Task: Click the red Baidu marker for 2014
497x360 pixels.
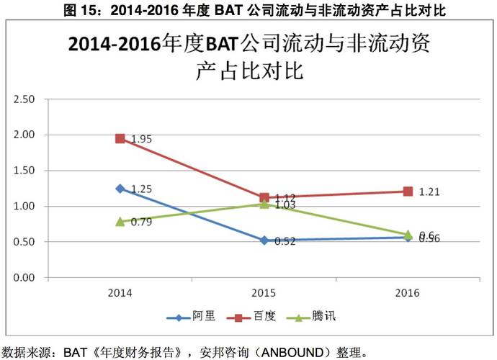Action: pyautogui.click(x=120, y=138)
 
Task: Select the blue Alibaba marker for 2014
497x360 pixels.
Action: pyautogui.click(x=120, y=189)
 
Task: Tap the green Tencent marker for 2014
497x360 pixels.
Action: pyautogui.click(x=120, y=222)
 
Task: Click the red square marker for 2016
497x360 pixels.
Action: pyautogui.click(x=408, y=192)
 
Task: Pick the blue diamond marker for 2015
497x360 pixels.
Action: pyautogui.click(x=264, y=240)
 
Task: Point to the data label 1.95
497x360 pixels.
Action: pyautogui.click(x=142, y=139)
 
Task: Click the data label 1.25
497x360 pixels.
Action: pyautogui.click(x=142, y=189)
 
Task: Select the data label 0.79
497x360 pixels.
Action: pyautogui.click(x=142, y=222)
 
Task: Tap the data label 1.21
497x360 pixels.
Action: pyautogui.click(x=429, y=192)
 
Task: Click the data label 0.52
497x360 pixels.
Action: pyautogui.click(x=285, y=241)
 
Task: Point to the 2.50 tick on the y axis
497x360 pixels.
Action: pyautogui.click(x=25, y=99)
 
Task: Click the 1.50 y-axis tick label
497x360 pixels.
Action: pyautogui.click(x=25, y=171)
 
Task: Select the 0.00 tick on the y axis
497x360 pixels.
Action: pyautogui.click(x=25, y=277)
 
